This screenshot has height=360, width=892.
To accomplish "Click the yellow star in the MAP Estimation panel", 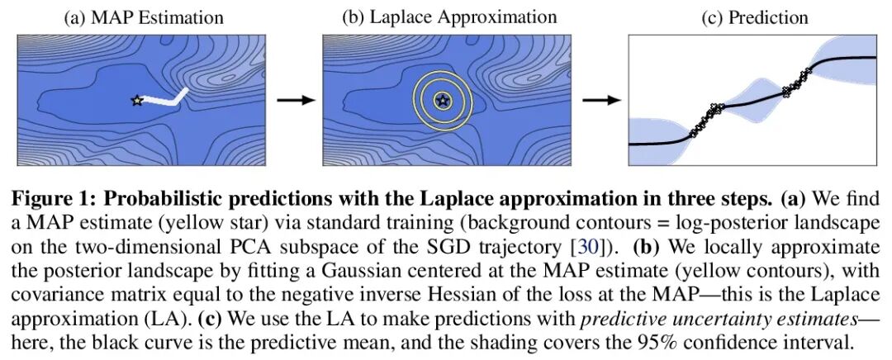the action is (x=136, y=101).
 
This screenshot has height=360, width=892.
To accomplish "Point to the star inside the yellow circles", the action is (x=443, y=101).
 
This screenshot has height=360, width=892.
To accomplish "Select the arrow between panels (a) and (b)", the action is (x=296, y=100).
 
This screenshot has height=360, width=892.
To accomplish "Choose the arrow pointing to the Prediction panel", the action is (x=601, y=100).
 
